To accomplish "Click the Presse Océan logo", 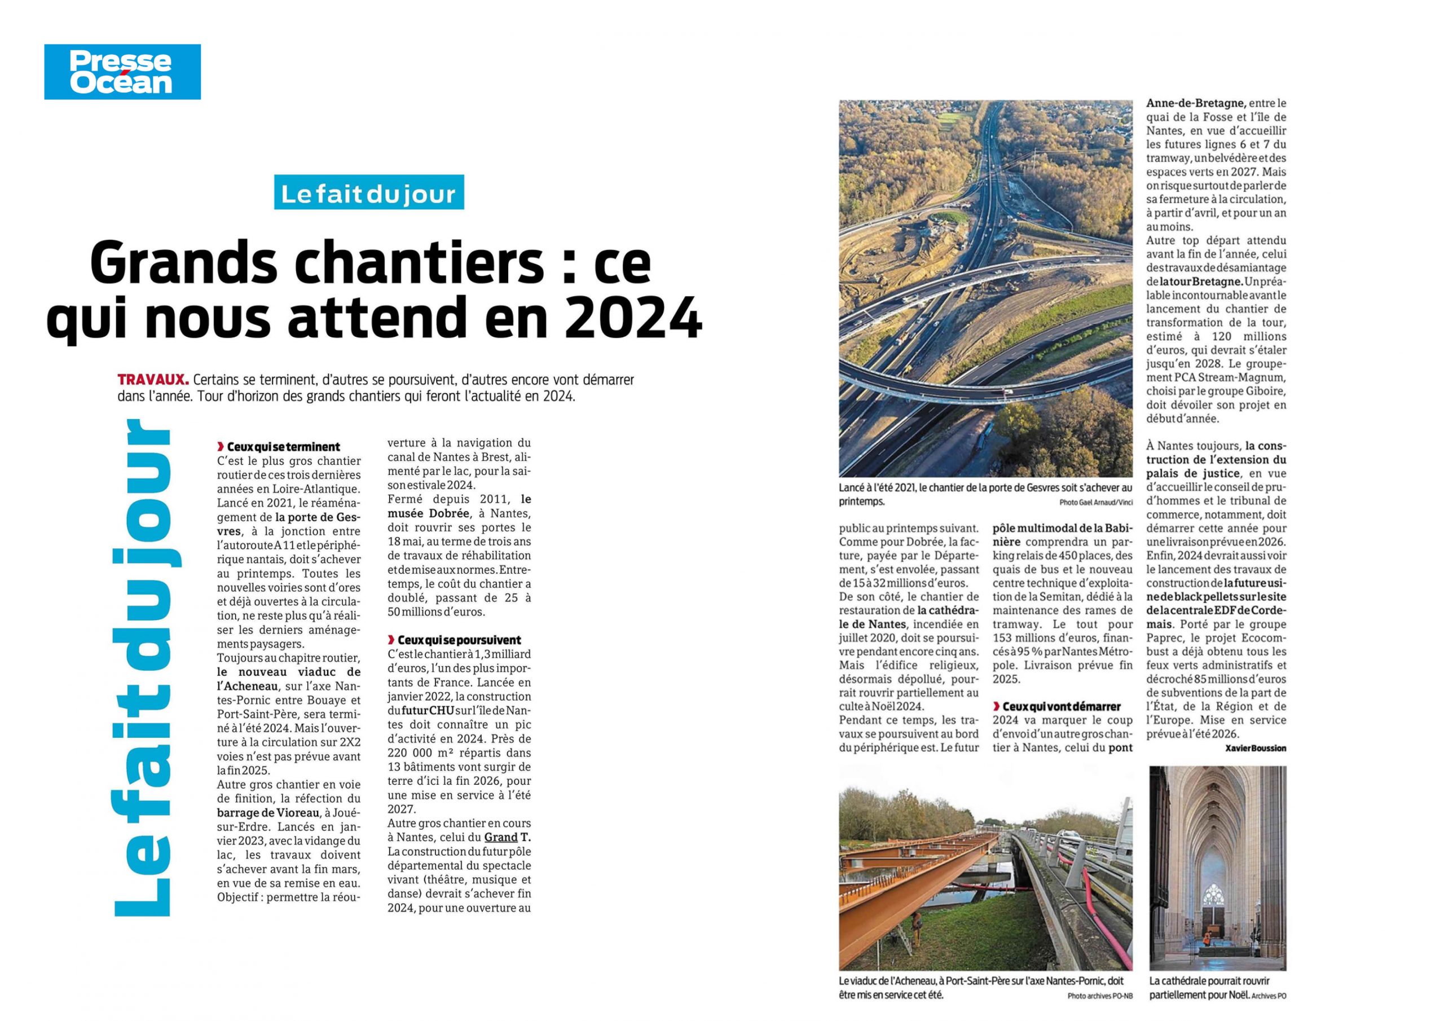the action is (x=122, y=72).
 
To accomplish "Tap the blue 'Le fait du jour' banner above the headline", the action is (x=368, y=192).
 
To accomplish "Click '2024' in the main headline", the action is (x=633, y=318).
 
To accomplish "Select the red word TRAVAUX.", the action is (x=153, y=380).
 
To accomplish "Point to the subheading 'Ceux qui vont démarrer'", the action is (x=1062, y=706).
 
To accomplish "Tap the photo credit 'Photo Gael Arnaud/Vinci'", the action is (x=1095, y=503).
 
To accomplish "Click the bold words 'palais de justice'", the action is (x=1192, y=474).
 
